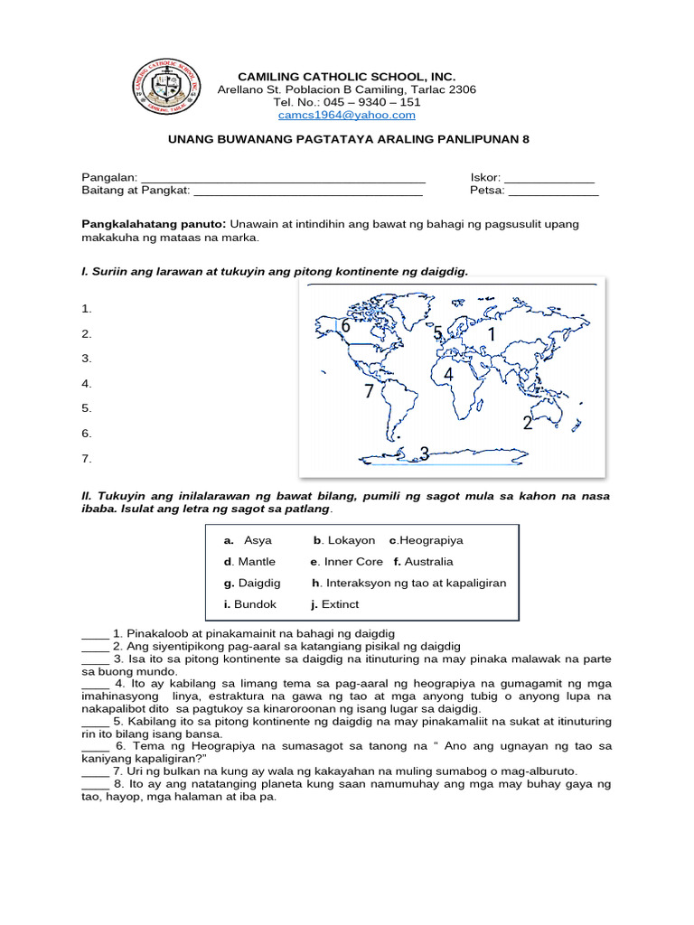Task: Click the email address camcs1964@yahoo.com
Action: coord(347,115)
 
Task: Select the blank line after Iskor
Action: coord(549,178)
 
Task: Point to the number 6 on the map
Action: coord(345,327)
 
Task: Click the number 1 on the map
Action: coord(492,336)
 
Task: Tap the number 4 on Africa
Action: coord(448,374)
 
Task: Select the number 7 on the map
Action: coord(369,392)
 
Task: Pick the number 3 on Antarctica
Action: coord(423,453)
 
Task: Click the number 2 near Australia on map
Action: coord(528,424)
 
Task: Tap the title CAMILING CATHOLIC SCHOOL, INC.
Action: coord(346,77)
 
